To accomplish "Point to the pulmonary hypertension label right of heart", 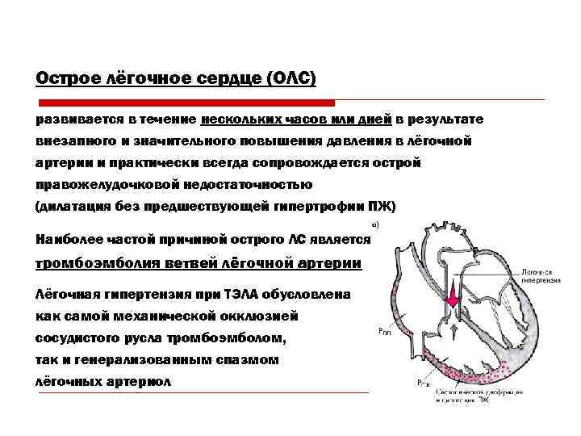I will pyautogui.click(x=541, y=276).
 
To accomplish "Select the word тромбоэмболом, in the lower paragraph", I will pyautogui.click(x=231, y=335).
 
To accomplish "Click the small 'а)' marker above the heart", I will pyautogui.click(x=374, y=224).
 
